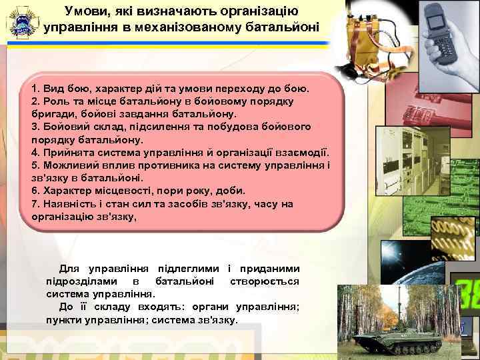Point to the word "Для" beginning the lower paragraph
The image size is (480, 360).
coord(69,269)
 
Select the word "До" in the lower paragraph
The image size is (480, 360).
coord(66,307)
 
